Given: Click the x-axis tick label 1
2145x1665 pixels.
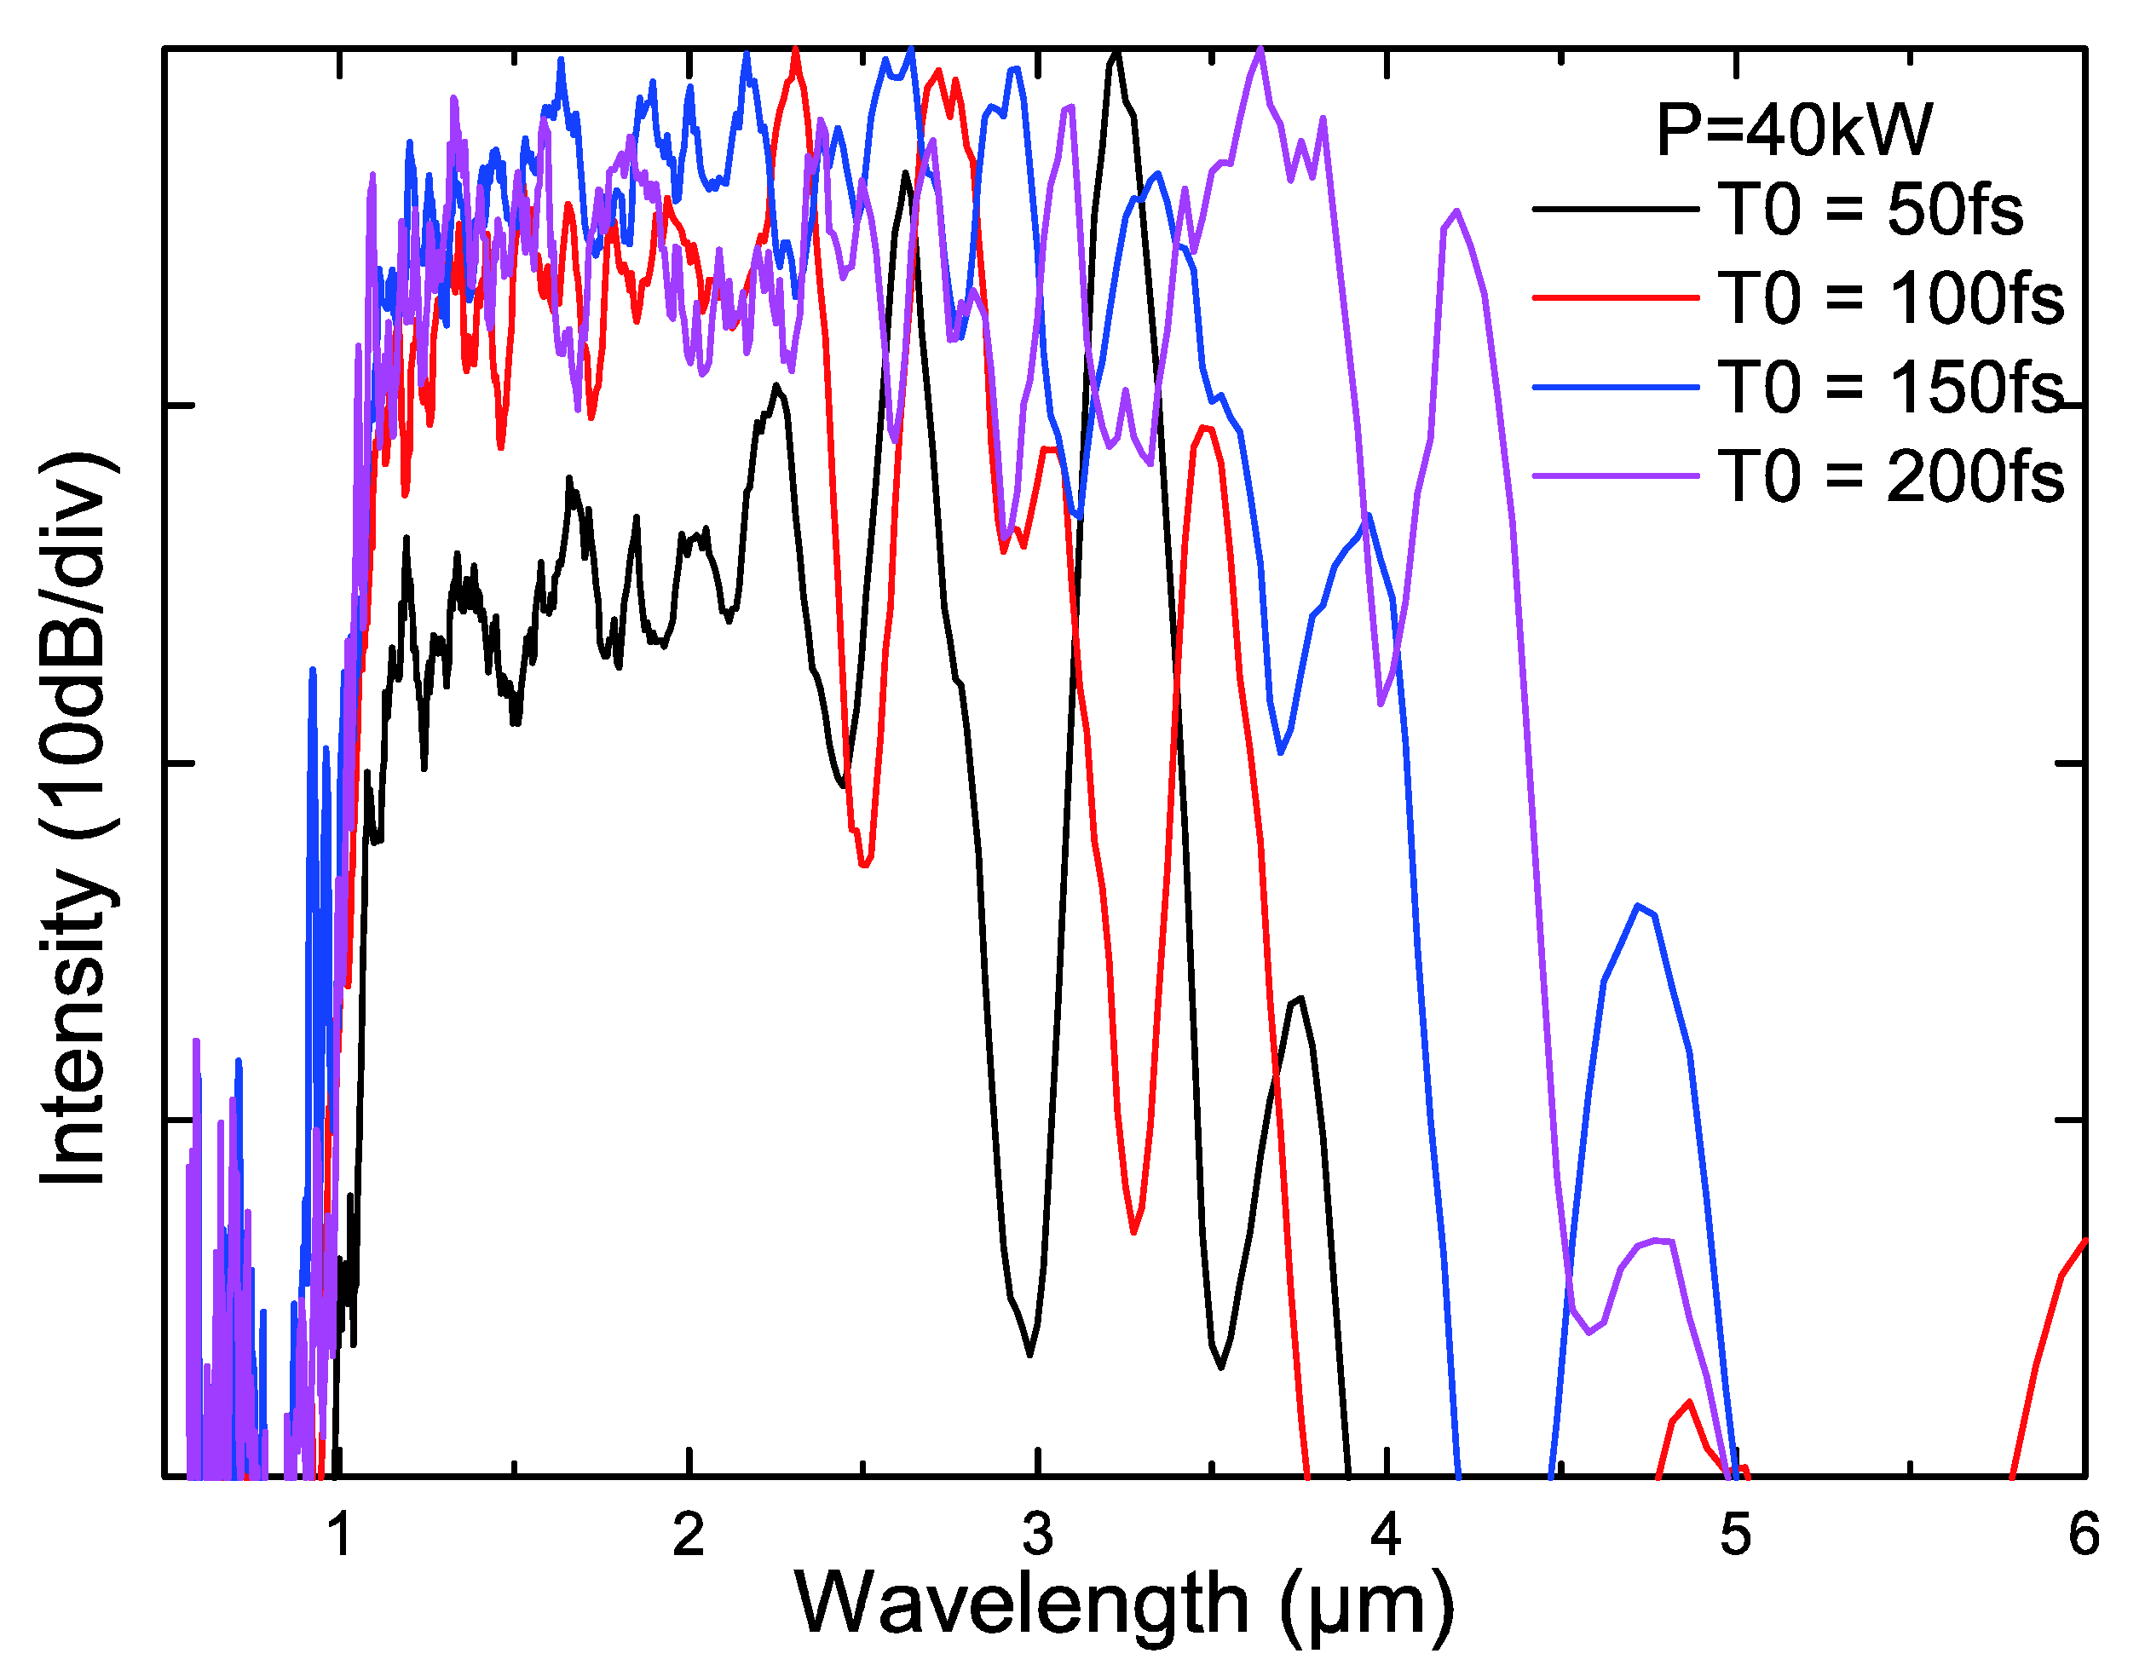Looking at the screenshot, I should (340, 1535).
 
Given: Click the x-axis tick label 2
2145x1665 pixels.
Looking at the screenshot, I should (689, 1535).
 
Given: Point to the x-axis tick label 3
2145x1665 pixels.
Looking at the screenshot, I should (1037, 1535).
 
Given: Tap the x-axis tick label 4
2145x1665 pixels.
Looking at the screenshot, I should (1386, 1535).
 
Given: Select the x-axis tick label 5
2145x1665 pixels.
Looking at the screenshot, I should (1734, 1535).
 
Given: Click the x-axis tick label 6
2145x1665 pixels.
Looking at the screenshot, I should (2083, 1535).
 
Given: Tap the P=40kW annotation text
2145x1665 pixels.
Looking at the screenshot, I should (1793, 130).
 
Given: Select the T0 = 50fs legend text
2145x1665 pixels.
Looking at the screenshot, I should (1870, 210).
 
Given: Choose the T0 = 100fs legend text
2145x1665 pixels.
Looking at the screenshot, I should (1891, 297).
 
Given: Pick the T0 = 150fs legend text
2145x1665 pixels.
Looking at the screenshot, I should (1891, 387).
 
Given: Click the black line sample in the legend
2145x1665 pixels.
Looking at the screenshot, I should (1615, 210).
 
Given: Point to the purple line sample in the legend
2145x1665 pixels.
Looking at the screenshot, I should (1615, 476).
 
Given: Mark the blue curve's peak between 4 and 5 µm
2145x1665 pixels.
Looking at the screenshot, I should (1637, 907).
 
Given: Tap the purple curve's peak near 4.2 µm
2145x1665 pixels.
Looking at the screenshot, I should (1456, 211).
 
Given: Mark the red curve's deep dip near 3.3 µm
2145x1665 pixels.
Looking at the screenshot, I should (1134, 1230).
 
